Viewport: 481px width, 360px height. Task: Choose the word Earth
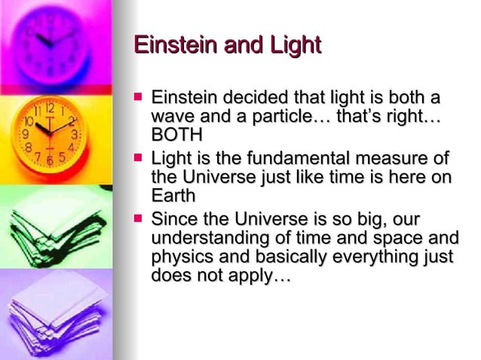click(x=173, y=195)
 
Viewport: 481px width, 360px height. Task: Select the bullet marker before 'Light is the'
click(x=137, y=158)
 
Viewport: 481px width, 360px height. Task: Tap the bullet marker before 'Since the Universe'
click(x=137, y=220)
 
